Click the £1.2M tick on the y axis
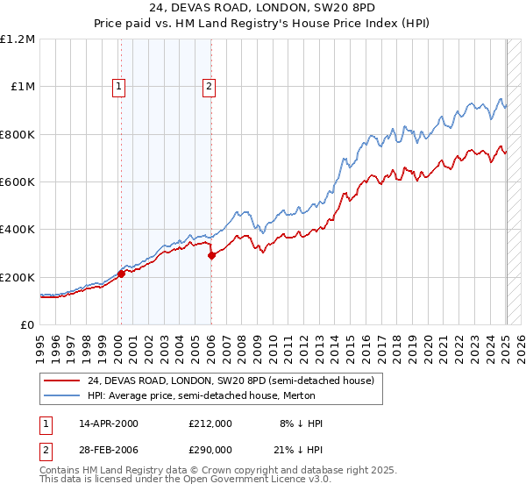[18, 39]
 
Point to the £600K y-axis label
[18, 182]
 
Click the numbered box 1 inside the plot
[118, 86]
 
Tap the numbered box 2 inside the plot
[210, 86]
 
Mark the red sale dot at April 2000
[121, 274]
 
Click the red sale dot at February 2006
[211, 255]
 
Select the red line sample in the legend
[63, 381]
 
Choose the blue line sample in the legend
[63, 395]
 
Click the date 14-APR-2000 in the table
[109, 423]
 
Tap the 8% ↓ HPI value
[301, 423]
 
